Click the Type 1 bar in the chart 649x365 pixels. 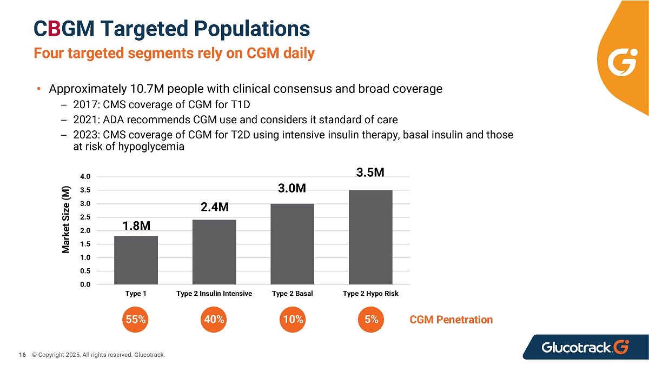click(x=136, y=260)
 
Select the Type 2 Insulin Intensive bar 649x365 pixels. click(x=214, y=252)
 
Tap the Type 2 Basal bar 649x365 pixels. click(x=293, y=244)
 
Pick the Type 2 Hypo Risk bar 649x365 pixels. click(x=370, y=237)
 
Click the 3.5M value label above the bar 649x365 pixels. click(x=370, y=172)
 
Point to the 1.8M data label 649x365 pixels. click(x=136, y=225)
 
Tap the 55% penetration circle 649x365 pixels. click(x=135, y=320)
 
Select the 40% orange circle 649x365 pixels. click(x=214, y=320)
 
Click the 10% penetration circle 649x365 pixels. click(x=293, y=320)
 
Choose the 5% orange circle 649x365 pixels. click(x=371, y=320)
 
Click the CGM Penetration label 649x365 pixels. click(x=451, y=320)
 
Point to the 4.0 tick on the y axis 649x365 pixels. click(x=85, y=176)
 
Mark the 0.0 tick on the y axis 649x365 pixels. click(x=85, y=284)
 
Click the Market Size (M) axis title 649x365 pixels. click(x=66, y=220)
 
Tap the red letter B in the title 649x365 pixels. click(x=55, y=28)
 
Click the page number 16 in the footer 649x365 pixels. click(x=22, y=355)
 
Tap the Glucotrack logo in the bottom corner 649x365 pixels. click(x=585, y=347)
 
